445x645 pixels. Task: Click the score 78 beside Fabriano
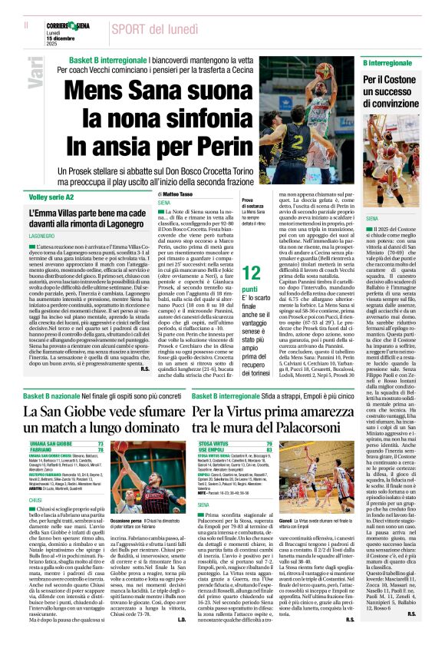[x=101, y=449]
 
